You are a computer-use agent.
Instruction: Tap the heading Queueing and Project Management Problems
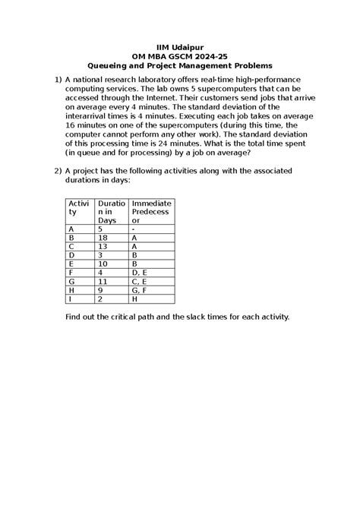pos(180,66)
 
